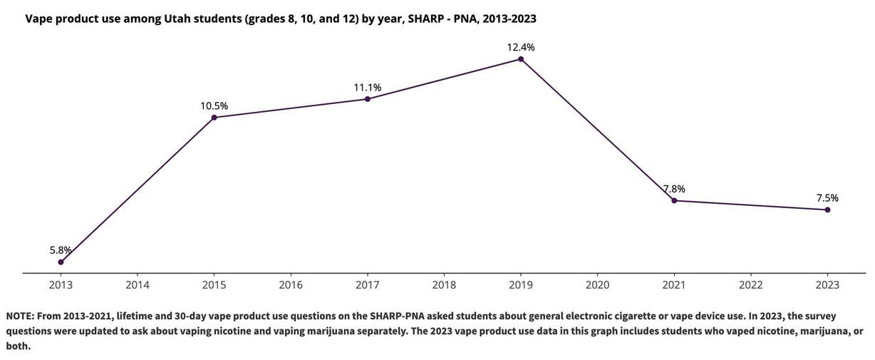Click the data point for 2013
[61, 262]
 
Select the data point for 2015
[214, 117]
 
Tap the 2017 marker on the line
[368, 98]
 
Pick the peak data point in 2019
[521, 58]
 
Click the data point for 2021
[674, 200]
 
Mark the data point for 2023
[827, 210]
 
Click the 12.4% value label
[521, 47]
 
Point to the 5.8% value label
[61, 250]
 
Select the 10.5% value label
[214, 106]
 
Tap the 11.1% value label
[368, 87]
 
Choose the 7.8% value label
[674, 189]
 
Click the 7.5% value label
[827, 198]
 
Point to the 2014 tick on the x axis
[138, 284]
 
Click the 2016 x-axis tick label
[291, 284]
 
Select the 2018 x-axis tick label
[444, 284]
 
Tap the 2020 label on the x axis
[597, 284]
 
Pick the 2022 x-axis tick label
[750, 284]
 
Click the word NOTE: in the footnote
[21, 316]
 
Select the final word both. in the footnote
[19, 346]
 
